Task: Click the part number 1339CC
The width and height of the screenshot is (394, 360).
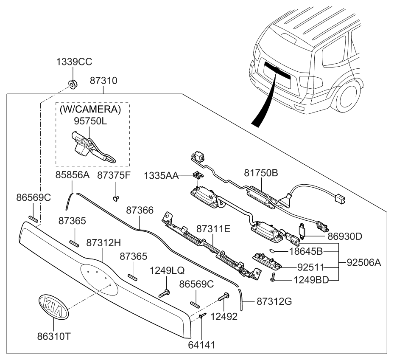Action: pyautogui.click(x=74, y=62)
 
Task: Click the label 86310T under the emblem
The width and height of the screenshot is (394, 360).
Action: pyautogui.click(x=53, y=336)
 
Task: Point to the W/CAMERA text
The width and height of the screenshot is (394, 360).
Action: pyautogui.click(x=90, y=109)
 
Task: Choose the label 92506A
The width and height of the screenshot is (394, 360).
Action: pyautogui.click(x=363, y=262)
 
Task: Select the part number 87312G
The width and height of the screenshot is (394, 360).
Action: pyautogui.click(x=274, y=302)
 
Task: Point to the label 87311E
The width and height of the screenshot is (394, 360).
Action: pyautogui.click(x=213, y=229)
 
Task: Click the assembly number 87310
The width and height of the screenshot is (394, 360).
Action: pyautogui.click(x=103, y=80)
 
